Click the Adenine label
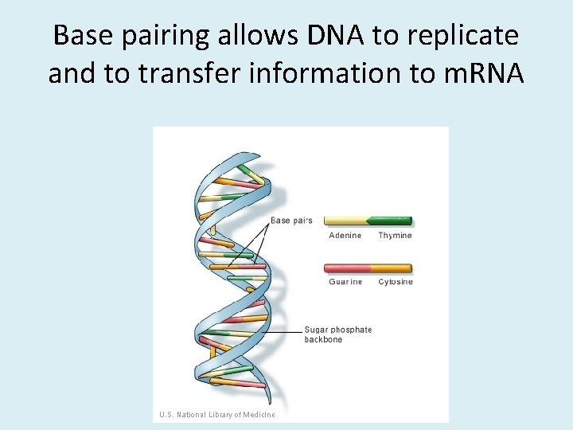coord(345,236)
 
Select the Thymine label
coord(395,236)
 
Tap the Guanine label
coord(345,282)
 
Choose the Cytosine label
coord(395,282)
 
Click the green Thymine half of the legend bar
coord(390,221)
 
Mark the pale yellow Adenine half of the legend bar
coord(345,221)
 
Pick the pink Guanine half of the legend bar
coord(347,268)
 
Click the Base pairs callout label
coord(291,221)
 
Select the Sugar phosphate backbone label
coord(337,334)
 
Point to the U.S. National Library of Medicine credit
coord(216,414)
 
